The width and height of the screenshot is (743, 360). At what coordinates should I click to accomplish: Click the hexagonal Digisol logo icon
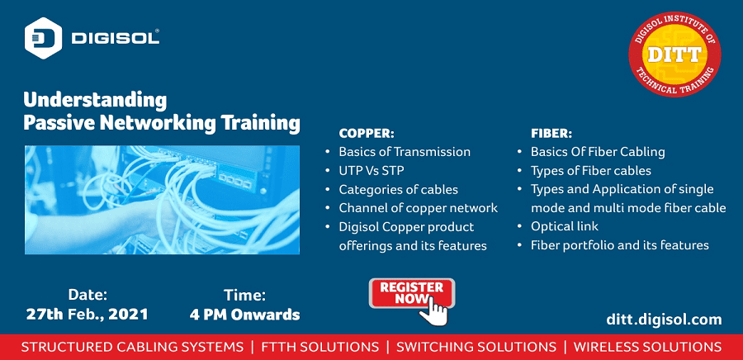click(x=43, y=38)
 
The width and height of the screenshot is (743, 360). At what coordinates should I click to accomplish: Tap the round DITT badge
click(x=674, y=54)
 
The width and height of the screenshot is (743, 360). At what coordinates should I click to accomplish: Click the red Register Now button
click(x=412, y=293)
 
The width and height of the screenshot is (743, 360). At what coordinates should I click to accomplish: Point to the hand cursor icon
click(x=433, y=310)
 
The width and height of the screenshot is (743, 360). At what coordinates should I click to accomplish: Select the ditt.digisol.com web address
click(x=664, y=320)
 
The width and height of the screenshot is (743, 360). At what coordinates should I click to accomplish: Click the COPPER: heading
click(x=367, y=133)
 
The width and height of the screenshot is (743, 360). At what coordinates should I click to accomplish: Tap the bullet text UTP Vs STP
click(x=371, y=171)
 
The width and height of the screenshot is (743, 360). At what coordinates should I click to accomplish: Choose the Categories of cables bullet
click(x=399, y=189)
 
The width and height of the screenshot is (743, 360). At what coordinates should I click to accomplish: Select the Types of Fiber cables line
click(x=591, y=171)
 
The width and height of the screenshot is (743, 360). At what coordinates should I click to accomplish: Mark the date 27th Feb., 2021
click(x=88, y=314)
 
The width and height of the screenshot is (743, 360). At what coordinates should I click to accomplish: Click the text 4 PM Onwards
click(x=244, y=314)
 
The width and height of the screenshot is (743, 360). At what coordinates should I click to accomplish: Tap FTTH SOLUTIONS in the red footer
click(x=320, y=347)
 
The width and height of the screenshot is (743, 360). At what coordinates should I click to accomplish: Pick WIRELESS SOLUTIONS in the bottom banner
click(x=648, y=347)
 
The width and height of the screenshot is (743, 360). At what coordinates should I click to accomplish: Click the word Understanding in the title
click(x=95, y=102)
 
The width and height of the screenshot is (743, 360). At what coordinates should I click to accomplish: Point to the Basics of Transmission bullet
click(x=405, y=152)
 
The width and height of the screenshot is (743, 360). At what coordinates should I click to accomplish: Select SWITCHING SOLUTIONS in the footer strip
click(x=476, y=347)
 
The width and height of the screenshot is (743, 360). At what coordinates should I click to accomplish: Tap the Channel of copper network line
click(x=419, y=208)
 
